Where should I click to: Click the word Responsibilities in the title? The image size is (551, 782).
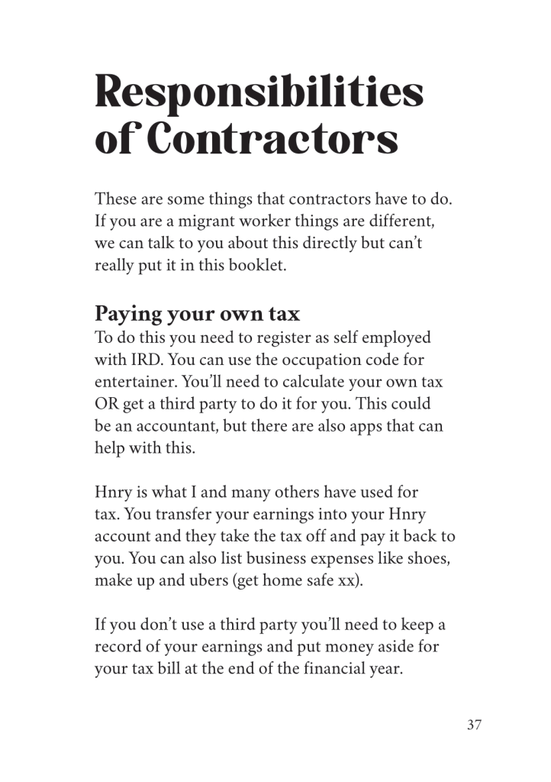[259, 93]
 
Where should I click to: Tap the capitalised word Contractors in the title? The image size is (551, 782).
[272, 140]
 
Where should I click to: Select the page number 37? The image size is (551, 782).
[474, 725]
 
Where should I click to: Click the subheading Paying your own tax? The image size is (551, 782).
[198, 313]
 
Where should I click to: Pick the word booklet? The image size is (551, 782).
[259, 268]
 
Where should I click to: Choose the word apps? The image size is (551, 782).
[363, 426]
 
